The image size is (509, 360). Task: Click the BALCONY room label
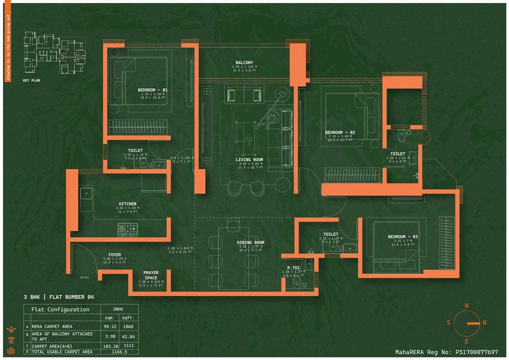click(244, 63)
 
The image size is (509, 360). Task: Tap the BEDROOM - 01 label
click(152, 90)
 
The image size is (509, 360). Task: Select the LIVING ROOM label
click(249, 160)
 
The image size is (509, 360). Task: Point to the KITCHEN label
click(128, 204)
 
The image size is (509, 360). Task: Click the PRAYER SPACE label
click(151, 275)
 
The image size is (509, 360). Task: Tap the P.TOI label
click(293, 268)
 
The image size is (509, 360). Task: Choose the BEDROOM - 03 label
click(403, 237)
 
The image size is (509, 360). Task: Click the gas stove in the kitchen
click(128, 229)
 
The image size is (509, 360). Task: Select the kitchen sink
click(86, 194)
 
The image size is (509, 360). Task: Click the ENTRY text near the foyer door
click(85, 278)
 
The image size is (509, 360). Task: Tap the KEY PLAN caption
click(31, 81)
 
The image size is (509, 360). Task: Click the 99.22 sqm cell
click(110, 327)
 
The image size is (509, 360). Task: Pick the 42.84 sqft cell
click(128, 336)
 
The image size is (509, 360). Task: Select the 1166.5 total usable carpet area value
click(119, 352)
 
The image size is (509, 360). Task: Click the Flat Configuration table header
click(60, 309)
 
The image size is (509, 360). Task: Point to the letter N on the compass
click(485, 322)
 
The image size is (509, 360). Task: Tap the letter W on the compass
click(467, 306)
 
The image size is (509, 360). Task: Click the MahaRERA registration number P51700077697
click(477, 352)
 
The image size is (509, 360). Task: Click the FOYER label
click(115, 255)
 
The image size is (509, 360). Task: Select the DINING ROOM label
click(251, 243)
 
